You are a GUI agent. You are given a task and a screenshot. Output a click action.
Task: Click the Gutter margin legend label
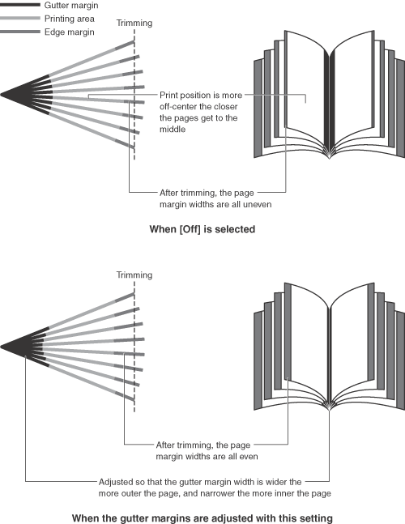coord(71,6)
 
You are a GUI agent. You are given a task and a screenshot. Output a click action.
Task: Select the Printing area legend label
coord(69,19)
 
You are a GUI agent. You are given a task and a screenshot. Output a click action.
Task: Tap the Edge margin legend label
coord(69,32)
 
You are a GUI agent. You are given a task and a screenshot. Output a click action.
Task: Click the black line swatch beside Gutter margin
coord(20,5)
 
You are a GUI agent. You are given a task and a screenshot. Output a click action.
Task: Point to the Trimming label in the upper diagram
coord(134,23)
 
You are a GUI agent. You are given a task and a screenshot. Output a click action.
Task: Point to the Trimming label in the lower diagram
coord(134,275)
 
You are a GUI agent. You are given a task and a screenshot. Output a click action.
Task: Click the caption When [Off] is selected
coord(202,229)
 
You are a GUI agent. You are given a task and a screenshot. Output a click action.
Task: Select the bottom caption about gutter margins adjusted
coord(202,518)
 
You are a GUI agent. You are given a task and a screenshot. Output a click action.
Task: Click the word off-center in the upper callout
coord(177,107)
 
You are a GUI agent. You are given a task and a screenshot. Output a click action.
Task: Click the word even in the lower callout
coord(249,456)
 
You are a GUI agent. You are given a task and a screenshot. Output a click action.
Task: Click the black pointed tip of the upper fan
coord(1,95)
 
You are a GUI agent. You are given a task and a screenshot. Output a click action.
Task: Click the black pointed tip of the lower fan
coord(1,347)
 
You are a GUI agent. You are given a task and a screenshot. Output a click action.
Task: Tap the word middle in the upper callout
coord(173,130)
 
